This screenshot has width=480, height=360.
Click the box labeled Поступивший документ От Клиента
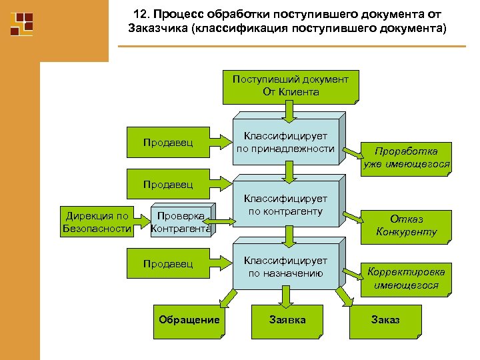pyautogui.click(x=289, y=86)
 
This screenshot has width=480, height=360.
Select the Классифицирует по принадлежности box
pyautogui.click(x=285, y=142)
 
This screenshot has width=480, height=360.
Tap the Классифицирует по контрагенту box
pyautogui.click(x=285, y=205)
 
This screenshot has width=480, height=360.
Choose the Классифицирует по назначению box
pyautogui.click(x=285, y=267)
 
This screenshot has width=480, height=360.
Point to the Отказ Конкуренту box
pyautogui.click(x=406, y=225)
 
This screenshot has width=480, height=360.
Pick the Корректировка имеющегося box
pyautogui.click(x=406, y=278)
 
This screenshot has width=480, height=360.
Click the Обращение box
pyautogui.click(x=189, y=320)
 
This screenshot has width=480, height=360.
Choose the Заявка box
pyautogui.click(x=287, y=320)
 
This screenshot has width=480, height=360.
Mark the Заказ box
pyautogui.click(x=385, y=320)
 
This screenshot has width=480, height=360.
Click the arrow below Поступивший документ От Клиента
pyautogui.click(x=289, y=110)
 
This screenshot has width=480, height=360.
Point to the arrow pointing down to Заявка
pyautogui.click(x=288, y=297)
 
